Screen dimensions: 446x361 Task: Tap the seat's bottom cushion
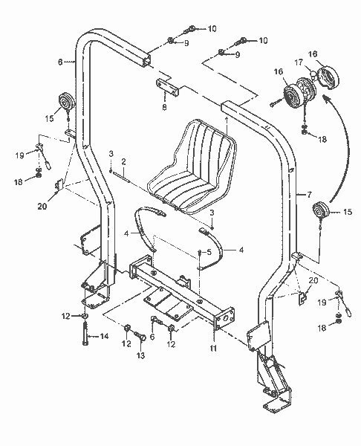coord(179,190)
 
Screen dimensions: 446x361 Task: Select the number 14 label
coord(104,337)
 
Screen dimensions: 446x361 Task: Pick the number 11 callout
coord(213,348)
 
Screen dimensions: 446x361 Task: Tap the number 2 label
coord(124,161)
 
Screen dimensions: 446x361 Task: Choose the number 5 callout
coord(209,253)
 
